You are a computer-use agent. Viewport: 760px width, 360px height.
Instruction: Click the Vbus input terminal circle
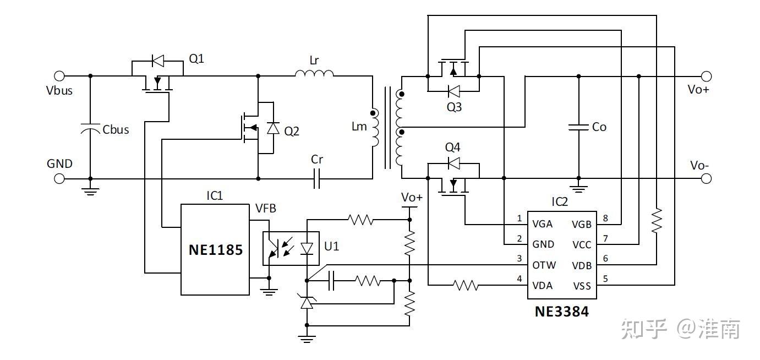[x=59, y=76]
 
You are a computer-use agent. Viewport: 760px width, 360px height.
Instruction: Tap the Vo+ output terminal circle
[x=706, y=77]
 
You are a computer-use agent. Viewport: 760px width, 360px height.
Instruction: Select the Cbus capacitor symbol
[x=90, y=129]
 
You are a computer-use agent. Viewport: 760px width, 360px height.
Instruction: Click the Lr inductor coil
[x=314, y=73]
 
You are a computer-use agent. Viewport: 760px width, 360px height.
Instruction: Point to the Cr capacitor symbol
[x=316, y=179]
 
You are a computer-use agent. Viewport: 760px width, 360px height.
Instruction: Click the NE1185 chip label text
[x=216, y=250]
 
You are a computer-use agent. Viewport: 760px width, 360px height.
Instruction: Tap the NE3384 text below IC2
[x=562, y=312]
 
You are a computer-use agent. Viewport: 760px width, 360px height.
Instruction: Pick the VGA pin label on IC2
[x=542, y=224]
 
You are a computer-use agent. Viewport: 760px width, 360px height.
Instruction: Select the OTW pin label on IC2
[x=544, y=265]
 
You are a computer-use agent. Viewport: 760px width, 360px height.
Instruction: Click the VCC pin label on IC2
[x=582, y=244]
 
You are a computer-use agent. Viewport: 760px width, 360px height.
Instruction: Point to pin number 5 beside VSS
[x=605, y=279]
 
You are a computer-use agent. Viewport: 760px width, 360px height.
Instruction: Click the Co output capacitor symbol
[x=578, y=127]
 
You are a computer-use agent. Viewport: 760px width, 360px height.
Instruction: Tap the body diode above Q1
[x=158, y=61]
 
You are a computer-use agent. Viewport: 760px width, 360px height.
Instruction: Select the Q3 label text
[x=454, y=107]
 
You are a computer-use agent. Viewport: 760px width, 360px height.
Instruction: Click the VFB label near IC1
[x=266, y=208]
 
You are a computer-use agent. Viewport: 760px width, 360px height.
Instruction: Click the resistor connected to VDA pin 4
[x=466, y=285]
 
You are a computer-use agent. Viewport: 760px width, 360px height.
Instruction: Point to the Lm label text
[x=359, y=127]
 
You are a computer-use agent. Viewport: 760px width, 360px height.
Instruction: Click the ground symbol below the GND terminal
[x=90, y=192]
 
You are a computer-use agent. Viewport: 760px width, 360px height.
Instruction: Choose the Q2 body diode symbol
[x=273, y=128]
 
